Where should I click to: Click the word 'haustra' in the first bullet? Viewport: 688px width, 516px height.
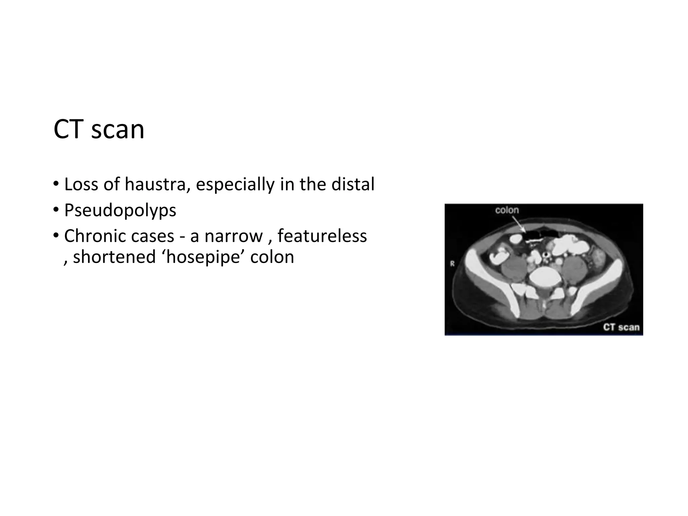tap(155, 184)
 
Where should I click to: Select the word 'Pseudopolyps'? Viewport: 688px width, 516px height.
tap(120, 211)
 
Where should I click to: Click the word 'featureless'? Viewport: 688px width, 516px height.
tap(322, 236)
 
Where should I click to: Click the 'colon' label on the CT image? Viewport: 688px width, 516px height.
tap(507, 210)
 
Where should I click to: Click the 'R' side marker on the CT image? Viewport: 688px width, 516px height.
tap(452, 264)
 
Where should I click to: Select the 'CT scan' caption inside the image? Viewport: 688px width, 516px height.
tap(621, 327)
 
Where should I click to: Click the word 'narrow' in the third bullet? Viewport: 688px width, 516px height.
tap(233, 236)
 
